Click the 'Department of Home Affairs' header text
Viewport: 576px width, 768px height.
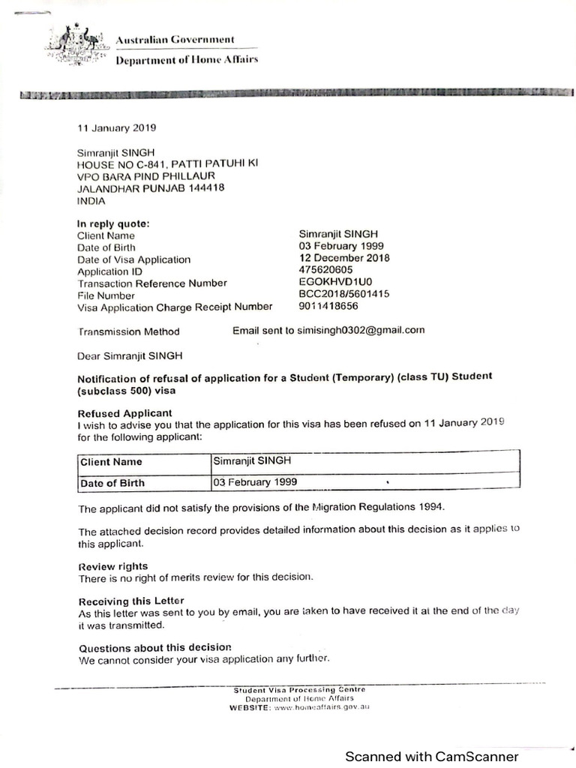point(186,60)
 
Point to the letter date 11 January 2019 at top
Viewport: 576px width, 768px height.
point(117,127)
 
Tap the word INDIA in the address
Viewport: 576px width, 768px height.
point(91,201)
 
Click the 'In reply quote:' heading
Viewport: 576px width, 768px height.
point(113,223)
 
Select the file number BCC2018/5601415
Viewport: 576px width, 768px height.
point(344,295)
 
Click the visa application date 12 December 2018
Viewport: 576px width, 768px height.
point(344,258)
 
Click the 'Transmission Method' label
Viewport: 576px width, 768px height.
point(128,331)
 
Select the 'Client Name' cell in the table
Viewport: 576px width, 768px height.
point(111,462)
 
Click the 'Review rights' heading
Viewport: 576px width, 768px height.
point(112,566)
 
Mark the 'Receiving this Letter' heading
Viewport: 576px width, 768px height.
point(130,601)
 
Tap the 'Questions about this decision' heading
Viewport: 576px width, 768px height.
point(154,647)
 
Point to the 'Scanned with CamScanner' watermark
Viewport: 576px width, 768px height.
point(431,757)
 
